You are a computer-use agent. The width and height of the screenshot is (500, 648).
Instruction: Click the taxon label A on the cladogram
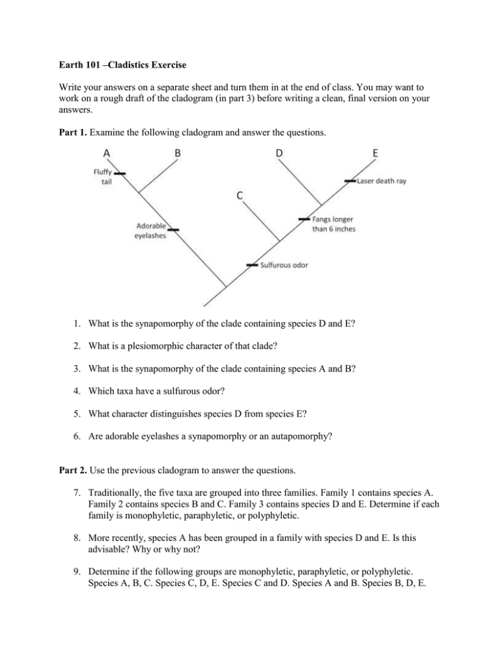pos(106,153)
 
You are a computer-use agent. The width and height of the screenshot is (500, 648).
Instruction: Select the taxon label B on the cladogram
pos(177,153)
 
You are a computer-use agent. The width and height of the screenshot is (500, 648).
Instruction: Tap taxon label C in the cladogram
pos(240,195)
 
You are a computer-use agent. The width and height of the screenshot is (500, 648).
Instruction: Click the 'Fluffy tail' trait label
pos(102,177)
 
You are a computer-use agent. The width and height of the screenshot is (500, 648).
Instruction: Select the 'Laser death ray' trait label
pos(382,181)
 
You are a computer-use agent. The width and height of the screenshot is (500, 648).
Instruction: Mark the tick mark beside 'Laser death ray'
pos(350,181)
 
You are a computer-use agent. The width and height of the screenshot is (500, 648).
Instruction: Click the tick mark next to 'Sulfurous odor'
pos(253,265)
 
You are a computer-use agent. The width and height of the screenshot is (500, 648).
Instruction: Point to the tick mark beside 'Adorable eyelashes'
pos(173,229)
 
